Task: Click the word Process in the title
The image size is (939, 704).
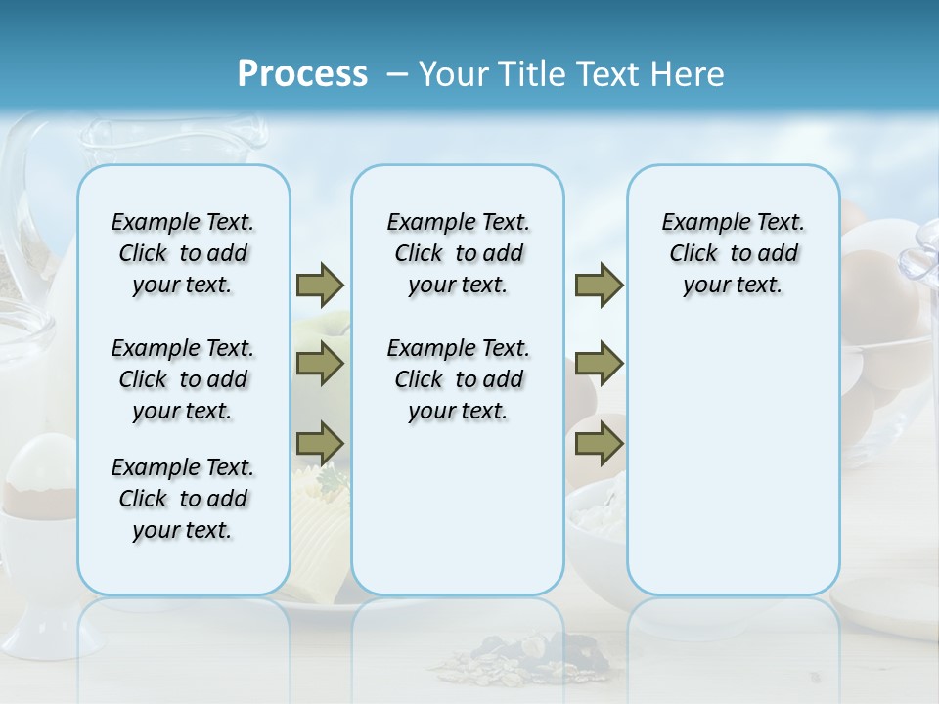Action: pyautogui.click(x=302, y=73)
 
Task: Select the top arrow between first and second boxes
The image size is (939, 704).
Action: pyautogui.click(x=320, y=285)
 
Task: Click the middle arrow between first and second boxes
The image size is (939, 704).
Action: pyautogui.click(x=320, y=364)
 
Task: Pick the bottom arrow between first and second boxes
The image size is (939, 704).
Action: pyautogui.click(x=320, y=444)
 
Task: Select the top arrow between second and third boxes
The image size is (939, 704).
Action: pyautogui.click(x=598, y=285)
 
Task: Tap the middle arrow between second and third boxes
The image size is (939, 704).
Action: pyautogui.click(x=598, y=364)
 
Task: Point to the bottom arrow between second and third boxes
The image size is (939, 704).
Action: pyautogui.click(x=598, y=444)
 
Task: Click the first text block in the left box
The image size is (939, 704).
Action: pyautogui.click(x=183, y=253)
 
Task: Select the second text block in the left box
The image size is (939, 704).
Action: pyautogui.click(x=183, y=379)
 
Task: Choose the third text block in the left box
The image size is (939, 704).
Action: pyautogui.click(x=183, y=499)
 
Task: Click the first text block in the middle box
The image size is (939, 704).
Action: pyautogui.click(x=458, y=253)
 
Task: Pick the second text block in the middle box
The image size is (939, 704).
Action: pyautogui.click(x=458, y=379)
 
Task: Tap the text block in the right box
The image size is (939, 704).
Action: pyautogui.click(x=733, y=253)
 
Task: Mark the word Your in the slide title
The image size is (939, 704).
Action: pyautogui.click(x=453, y=74)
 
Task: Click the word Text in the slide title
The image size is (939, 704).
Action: pyautogui.click(x=606, y=74)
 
